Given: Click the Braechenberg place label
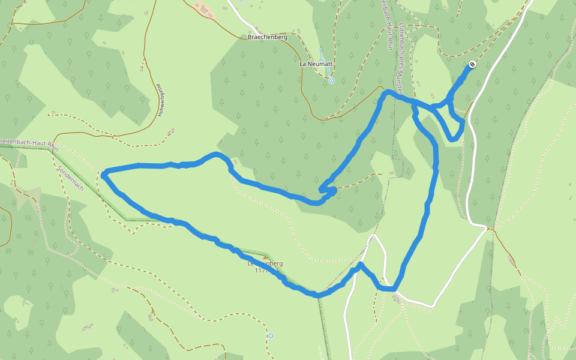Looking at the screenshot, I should pos(268,37).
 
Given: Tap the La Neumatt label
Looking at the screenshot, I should pos(316,64).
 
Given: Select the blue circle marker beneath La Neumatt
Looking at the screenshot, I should pos(331,80).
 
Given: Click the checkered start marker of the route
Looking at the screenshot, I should pos(473,64).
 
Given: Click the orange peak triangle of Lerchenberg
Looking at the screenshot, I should pos(265,257).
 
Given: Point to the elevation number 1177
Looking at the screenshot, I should pos(260,271).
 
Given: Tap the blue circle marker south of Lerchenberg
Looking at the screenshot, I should pos(271,335).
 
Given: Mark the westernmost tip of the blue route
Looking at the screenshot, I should pos(104,175).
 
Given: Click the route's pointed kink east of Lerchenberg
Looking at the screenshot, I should pos(361,264).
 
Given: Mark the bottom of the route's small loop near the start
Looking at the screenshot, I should pos(454,140).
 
